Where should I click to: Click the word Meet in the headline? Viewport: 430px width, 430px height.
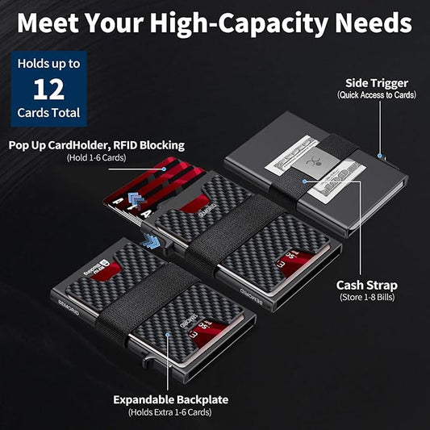(x=51, y=23)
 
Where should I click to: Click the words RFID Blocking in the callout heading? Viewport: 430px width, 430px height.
(x=147, y=146)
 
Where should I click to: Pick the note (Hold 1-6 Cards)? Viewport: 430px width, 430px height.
(x=98, y=158)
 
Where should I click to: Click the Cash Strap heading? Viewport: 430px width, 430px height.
(x=366, y=286)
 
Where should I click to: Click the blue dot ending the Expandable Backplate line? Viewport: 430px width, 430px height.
(x=167, y=334)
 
